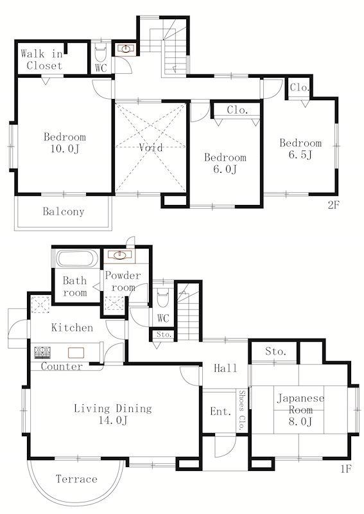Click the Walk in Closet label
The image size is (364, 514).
[x=42, y=59]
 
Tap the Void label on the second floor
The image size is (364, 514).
[x=151, y=147]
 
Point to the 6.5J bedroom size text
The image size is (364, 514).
[x=300, y=154]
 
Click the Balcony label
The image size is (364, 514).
[x=64, y=211]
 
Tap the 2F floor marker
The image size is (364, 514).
[x=334, y=205]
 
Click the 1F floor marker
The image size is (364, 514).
[x=345, y=469]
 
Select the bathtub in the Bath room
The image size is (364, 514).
[x=77, y=259]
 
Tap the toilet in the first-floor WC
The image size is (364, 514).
[x=163, y=297]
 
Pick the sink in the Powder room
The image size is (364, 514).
[x=119, y=255]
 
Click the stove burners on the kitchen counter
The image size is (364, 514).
[x=42, y=352]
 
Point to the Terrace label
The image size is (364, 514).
[x=76, y=479]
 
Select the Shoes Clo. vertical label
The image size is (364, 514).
[x=242, y=410]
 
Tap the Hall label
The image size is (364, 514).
[x=225, y=368]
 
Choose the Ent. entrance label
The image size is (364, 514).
[x=221, y=411]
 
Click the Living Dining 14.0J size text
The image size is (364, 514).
[x=113, y=420]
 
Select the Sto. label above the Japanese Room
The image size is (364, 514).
[x=276, y=351]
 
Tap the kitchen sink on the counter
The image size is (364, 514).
[x=76, y=353]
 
